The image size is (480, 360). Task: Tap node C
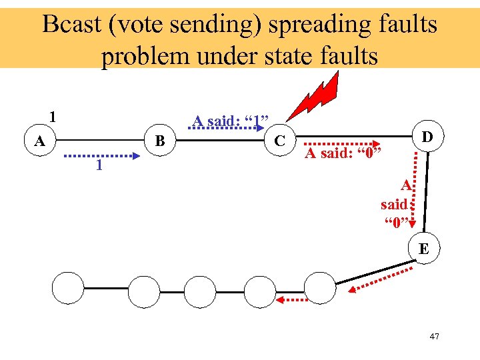(x=281, y=141)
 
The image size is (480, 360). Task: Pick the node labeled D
(x=427, y=137)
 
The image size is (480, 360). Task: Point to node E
(x=424, y=249)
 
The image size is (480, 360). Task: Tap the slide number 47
(x=434, y=337)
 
